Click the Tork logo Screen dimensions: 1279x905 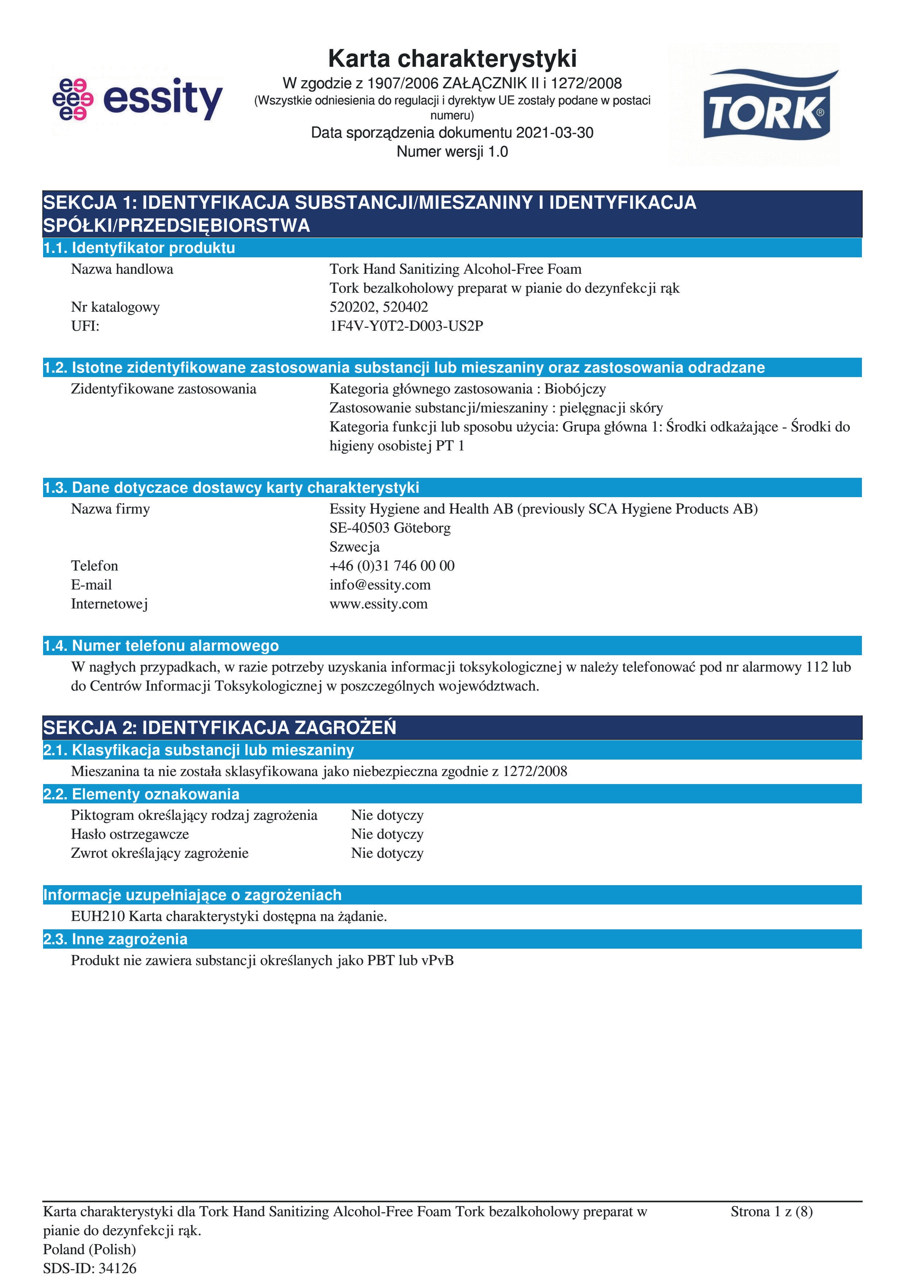click(766, 106)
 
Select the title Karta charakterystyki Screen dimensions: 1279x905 click(452, 58)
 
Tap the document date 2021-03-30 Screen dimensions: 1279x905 click(555, 132)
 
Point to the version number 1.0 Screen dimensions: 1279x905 click(498, 151)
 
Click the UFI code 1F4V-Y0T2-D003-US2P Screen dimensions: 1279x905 click(406, 326)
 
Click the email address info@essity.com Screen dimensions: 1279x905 click(380, 585)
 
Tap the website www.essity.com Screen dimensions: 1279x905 click(378, 604)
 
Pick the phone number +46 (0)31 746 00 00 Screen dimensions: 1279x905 click(392, 566)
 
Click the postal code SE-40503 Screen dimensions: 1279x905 click(360, 528)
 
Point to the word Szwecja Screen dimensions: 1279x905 click(354, 547)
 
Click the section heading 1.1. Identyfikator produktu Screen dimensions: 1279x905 click(139, 248)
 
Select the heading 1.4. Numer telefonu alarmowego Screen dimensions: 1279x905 click(161, 646)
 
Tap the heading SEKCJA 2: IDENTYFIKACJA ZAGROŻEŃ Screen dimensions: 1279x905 click(219, 727)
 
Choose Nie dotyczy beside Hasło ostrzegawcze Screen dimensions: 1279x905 click(387, 834)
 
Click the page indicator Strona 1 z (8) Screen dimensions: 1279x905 click(771, 1211)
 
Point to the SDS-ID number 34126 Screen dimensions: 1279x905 click(117, 1268)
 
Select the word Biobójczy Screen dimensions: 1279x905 click(575, 389)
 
